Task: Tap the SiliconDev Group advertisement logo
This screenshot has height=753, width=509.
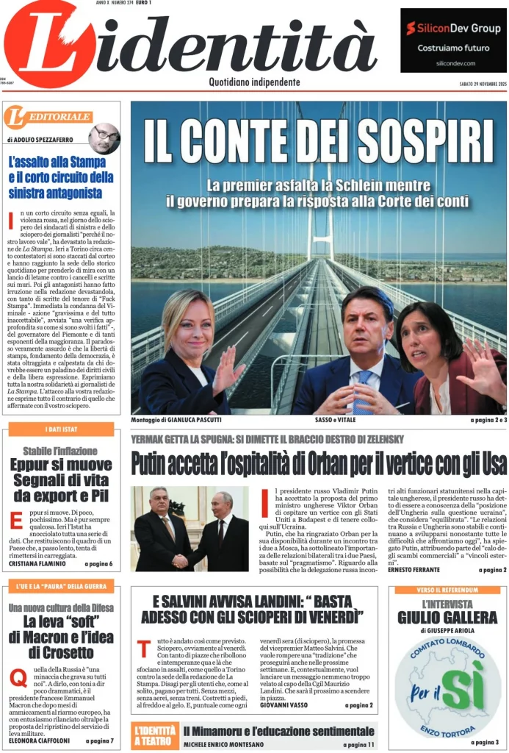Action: (453, 29)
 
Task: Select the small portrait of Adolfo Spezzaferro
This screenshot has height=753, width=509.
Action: (104, 138)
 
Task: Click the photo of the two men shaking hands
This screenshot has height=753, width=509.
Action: (190, 529)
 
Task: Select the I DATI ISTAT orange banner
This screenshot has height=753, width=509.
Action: (61, 429)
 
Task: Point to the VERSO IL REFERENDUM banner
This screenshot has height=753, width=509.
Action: (447, 590)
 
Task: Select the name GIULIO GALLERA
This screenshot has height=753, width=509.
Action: (447, 617)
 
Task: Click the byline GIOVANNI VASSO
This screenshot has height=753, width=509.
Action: (282, 704)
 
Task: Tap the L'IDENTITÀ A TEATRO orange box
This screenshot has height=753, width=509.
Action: (155, 734)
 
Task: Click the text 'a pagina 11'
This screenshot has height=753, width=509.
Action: (358, 744)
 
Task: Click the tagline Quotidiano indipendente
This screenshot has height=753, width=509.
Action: (254, 82)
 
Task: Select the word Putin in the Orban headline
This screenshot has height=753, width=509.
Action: (155, 465)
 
